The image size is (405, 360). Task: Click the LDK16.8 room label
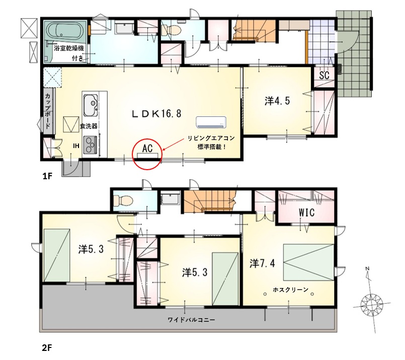[x=156, y=113]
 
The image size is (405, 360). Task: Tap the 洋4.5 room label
[x=277, y=101]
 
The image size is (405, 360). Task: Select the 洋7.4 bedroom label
[x=262, y=263]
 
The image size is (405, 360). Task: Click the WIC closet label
[x=306, y=212]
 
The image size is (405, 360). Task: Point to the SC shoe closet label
[x=324, y=75]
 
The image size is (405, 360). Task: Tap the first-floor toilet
[x=171, y=30]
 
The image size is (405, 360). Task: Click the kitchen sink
[x=91, y=105]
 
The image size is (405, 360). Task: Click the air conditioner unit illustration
[x=211, y=122]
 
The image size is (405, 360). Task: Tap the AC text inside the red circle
[x=147, y=149]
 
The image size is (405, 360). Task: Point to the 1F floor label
[x=47, y=176]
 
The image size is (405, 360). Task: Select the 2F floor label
[x=47, y=348]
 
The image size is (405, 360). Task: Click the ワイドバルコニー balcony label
[x=191, y=320]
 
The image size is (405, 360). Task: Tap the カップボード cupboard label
[x=48, y=111]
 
